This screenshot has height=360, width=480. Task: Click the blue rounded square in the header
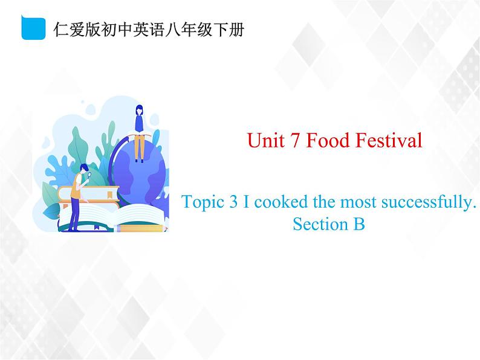click(x=34, y=28)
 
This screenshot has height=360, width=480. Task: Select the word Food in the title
click(x=324, y=141)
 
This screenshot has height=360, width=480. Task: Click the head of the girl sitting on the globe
click(x=139, y=111)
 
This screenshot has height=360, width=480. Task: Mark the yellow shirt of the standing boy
click(x=76, y=189)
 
